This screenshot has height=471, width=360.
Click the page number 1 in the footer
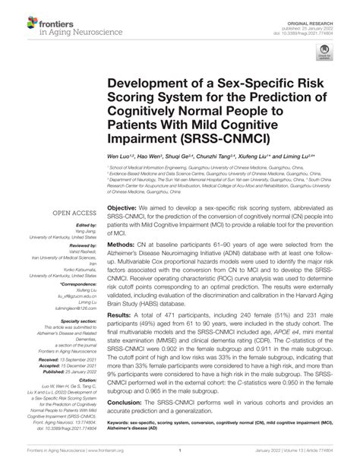click(181, 460)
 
